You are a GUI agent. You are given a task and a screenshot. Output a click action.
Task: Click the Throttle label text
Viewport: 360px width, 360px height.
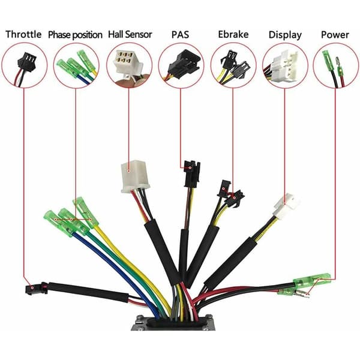23,34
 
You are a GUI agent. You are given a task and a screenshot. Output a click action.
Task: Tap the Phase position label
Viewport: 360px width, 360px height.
75,35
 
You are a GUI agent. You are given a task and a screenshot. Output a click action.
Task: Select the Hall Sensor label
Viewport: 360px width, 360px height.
130,34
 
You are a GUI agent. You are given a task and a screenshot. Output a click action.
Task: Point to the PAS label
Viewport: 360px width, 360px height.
180,35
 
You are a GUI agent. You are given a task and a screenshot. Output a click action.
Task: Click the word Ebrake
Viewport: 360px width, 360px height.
233,34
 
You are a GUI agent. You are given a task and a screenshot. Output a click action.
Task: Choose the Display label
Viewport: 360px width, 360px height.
285,35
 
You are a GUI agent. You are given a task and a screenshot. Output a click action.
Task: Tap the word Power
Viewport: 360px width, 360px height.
335,35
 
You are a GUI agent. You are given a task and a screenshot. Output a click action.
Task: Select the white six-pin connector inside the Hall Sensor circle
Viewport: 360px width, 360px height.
127,62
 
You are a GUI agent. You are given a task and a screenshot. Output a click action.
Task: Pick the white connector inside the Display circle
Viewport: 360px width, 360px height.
284,66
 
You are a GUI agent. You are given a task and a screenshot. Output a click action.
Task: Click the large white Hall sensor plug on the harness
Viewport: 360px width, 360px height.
135,176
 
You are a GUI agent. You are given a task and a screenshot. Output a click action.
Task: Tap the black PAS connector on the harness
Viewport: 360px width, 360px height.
192,173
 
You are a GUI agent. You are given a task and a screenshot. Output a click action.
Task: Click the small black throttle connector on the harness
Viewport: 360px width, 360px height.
36,288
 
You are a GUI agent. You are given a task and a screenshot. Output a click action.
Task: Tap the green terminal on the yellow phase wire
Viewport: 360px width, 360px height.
85,212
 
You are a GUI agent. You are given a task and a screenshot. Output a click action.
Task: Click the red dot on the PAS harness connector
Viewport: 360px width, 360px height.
190,168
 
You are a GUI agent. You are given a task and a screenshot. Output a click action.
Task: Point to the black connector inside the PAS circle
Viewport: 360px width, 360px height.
184,65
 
